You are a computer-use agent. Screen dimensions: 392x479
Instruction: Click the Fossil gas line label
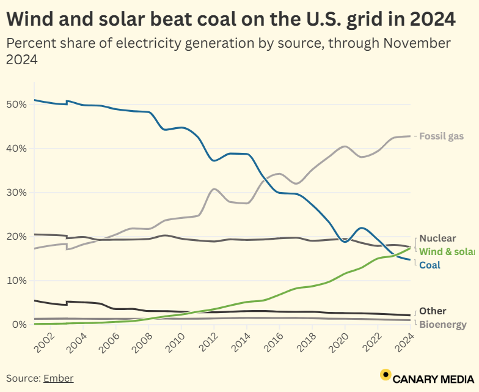(x=441, y=136)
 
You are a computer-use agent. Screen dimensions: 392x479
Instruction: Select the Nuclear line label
(x=437, y=239)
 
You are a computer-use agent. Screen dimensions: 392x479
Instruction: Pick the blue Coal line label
(x=430, y=265)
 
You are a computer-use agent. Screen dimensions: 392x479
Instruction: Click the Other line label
(x=433, y=311)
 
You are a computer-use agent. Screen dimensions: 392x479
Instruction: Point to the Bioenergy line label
(x=442, y=325)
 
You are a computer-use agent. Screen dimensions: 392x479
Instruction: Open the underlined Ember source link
(x=58, y=379)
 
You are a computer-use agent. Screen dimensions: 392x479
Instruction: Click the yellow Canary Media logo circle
(x=386, y=375)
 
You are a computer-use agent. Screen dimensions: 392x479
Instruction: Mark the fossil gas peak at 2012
(x=213, y=189)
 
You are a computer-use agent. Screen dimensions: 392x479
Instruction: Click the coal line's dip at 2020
(x=345, y=242)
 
